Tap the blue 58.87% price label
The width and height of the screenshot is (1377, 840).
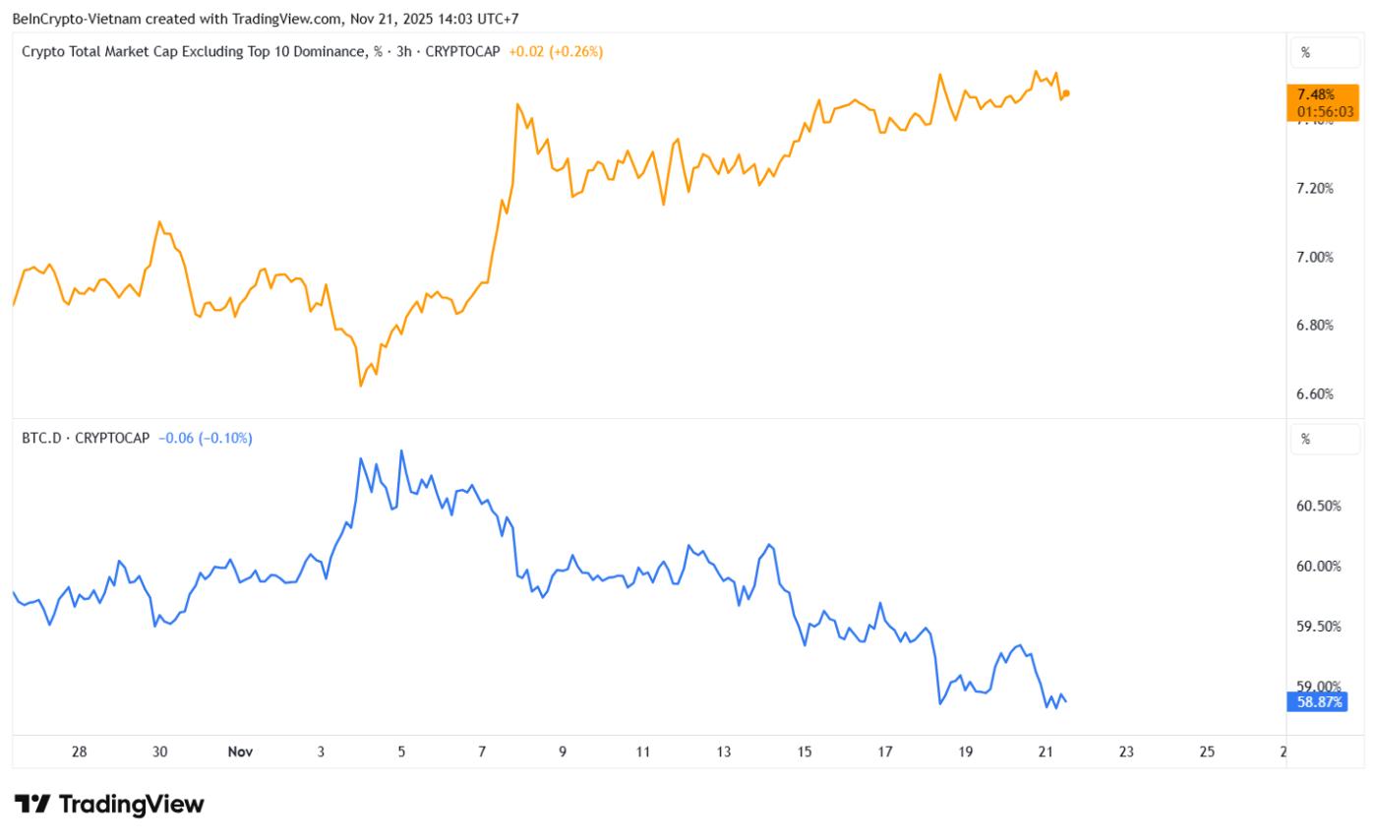click(x=1316, y=701)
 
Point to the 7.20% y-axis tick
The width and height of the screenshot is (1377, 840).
click(x=1314, y=188)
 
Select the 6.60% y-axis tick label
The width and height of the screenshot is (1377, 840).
click(x=1314, y=393)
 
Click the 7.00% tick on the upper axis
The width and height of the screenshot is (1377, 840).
click(x=1314, y=257)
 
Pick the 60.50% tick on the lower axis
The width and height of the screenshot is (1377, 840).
click(x=1319, y=506)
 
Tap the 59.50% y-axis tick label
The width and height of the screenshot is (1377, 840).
click(x=1319, y=626)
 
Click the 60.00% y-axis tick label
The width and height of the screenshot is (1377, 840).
click(x=1319, y=566)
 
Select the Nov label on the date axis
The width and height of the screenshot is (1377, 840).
click(x=240, y=751)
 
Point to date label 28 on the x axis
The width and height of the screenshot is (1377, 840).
click(x=80, y=751)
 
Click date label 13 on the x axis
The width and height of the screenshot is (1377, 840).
click(x=724, y=751)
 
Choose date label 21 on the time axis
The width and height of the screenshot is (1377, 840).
click(x=1046, y=751)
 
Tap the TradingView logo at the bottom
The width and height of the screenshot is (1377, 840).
click(x=109, y=804)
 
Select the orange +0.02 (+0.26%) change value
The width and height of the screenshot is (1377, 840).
click(x=555, y=51)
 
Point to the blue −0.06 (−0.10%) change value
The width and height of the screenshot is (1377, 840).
click(x=206, y=438)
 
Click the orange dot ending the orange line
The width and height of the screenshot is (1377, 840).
click(x=1066, y=93)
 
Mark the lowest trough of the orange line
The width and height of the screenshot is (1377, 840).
click(x=361, y=386)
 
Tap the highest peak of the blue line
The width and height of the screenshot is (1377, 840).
click(x=401, y=450)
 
